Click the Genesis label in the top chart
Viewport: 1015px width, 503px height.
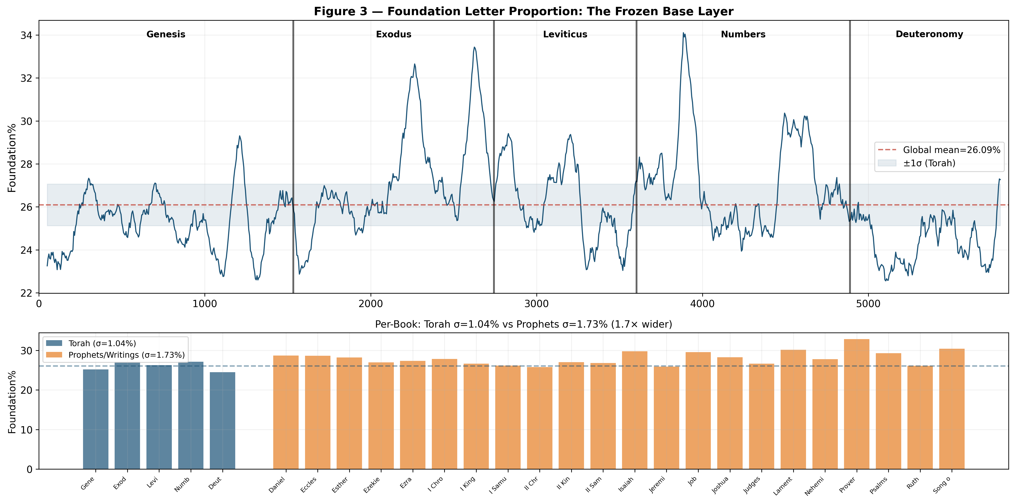(x=166, y=34)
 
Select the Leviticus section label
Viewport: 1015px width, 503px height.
(x=565, y=34)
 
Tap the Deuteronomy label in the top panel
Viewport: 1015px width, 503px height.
(x=929, y=34)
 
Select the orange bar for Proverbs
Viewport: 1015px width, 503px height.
(x=857, y=404)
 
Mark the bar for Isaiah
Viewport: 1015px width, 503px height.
(x=634, y=410)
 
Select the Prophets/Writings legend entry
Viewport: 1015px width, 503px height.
(x=126, y=355)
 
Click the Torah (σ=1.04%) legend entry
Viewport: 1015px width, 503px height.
(x=102, y=343)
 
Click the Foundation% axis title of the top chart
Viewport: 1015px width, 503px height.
(x=12, y=157)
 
